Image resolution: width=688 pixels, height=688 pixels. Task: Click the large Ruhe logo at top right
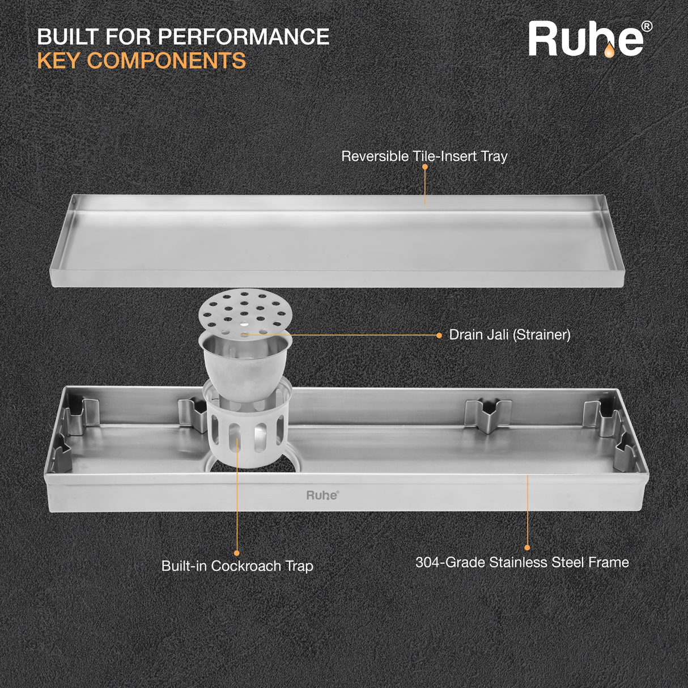pos(587,40)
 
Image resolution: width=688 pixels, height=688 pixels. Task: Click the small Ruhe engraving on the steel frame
pos(322,495)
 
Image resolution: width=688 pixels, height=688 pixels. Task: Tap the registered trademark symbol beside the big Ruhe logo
pos(646,27)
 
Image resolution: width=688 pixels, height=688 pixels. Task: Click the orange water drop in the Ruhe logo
pos(609,51)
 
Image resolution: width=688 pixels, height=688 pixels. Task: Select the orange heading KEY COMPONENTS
pos(142,61)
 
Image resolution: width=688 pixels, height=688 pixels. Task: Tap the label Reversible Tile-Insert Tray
pos(424,156)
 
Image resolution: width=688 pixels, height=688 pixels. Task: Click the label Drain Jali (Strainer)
pos(509,335)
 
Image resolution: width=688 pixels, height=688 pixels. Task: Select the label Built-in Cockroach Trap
pos(237,566)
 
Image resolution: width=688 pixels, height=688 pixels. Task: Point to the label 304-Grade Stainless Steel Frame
pos(522,562)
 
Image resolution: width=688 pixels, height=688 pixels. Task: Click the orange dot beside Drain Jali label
pos(439,335)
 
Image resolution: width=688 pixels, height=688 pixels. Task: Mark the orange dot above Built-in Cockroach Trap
pos(237,553)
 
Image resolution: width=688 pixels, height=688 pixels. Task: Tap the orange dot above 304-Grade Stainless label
pos(527,547)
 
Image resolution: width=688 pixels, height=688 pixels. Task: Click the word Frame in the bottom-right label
pos(609,562)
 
